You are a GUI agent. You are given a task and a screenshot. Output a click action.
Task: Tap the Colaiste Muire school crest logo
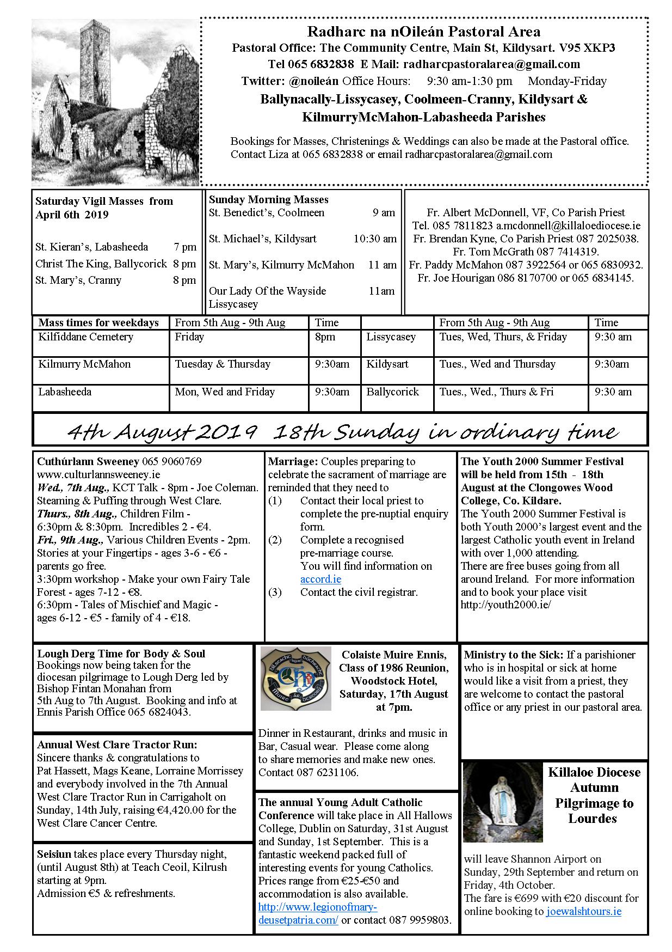pyautogui.click(x=295, y=678)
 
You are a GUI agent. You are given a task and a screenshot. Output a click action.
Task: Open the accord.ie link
pyautogui.click(x=320, y=579)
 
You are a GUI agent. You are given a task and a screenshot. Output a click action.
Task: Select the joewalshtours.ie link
pyautogui.click(x=583, y=911)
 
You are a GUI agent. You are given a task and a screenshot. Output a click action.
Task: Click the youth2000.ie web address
pyautogui.click(x=505, y=605)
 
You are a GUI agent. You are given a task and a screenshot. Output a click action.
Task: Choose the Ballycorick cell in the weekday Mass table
pyautogui.click(x=392, y=392)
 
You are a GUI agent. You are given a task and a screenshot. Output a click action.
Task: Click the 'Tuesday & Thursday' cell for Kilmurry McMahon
pyautogui.click(x=223, y=364)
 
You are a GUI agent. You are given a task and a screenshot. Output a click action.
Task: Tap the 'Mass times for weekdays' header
pyautogui.click(x=98, y=323)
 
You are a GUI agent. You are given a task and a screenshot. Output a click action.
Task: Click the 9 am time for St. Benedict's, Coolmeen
pyautogui.click(x=384, y=213)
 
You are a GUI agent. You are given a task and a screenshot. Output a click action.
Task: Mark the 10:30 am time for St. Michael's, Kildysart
pyautogui.click(x=375, y=239)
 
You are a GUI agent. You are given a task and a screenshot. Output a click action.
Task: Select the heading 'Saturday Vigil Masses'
pyautogui.click(x=104, y=202)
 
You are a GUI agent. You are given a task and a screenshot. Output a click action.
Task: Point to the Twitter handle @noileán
pyautogui.click(x=312, y=82)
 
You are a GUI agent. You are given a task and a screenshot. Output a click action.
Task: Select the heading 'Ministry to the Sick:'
pyautogui.click(x=514, y=655)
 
